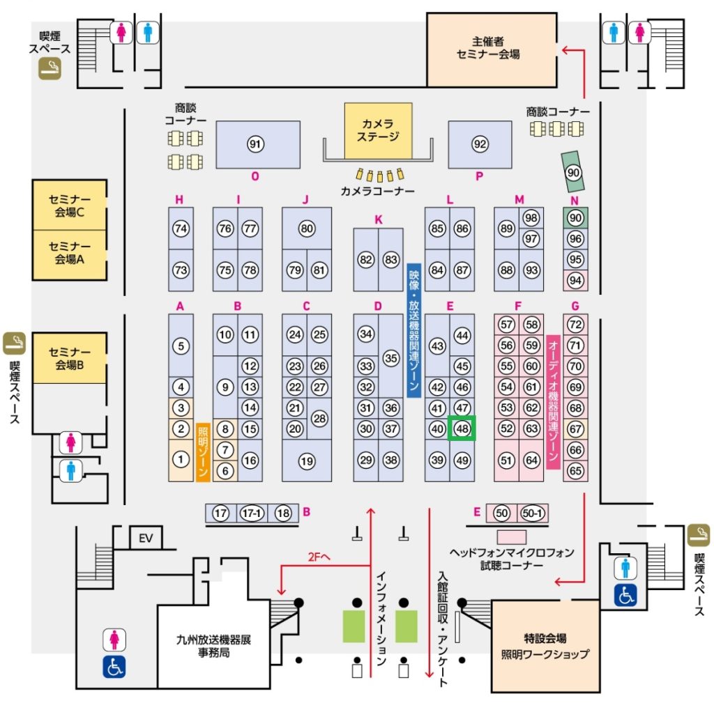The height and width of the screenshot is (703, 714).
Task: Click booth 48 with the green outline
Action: tap(462, 428)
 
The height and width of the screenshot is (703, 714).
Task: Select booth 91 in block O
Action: tap(258, 145)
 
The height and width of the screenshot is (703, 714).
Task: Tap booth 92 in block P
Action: tap(480, 145)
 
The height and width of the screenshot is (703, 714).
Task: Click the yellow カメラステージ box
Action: tap(378, 130)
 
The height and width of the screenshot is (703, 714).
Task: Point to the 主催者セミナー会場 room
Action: tap(492, 49)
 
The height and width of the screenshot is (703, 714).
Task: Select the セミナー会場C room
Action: tap(70, 206)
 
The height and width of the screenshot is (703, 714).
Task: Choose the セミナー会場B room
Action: tap(70, 358)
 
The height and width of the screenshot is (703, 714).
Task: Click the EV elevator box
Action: tap(146, 539)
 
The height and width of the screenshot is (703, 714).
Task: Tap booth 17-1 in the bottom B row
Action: tap(252, 513)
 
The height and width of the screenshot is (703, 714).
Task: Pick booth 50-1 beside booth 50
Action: tap(532, 513)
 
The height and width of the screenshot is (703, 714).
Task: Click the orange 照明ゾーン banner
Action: tap(203, 452)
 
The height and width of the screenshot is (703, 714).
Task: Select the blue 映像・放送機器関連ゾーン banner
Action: tap(413, 331)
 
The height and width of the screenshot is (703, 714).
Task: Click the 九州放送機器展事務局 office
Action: tap(213, 646)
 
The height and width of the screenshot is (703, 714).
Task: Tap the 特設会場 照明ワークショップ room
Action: tap(545, 646)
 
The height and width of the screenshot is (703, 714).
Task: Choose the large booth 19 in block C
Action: tap(307, 461)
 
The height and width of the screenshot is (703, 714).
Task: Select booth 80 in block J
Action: tap(307, 229)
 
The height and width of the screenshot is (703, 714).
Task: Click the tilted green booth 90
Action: tap(574, 172)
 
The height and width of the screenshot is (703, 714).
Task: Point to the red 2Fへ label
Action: tap(319, 557)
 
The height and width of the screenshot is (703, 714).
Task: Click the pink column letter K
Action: tap(378, 219)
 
